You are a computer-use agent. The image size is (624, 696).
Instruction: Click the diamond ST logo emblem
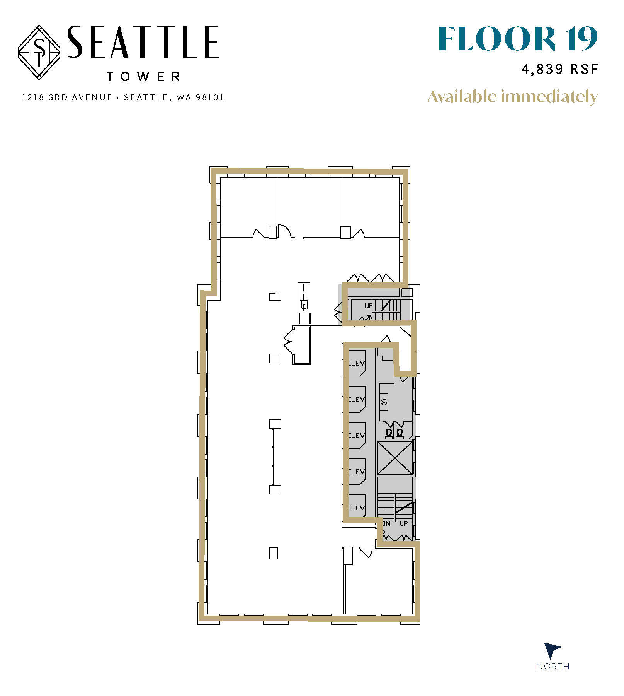(x=39, y=52)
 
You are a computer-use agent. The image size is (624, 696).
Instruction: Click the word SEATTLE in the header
(x=143, y=43)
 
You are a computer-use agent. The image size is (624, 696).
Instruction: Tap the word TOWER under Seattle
(x=143, y=76)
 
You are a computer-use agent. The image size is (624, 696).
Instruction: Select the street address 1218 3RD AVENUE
(x=67, y=97)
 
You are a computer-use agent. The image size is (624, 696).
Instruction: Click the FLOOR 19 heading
(x=518, y=39)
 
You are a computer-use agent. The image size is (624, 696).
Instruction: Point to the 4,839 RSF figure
(x=559, y=69)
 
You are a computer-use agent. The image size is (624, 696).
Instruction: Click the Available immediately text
(x=512, y=96)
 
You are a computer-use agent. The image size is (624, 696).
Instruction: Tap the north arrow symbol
(x=552, y=650)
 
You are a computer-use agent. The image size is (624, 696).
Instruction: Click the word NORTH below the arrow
(x=553, y=667)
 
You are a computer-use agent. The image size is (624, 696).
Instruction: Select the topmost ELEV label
(x=357, y=363)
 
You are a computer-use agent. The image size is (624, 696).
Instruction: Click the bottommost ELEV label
(x=357, y=508)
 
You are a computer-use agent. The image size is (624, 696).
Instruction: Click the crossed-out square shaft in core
(x=394, y=458)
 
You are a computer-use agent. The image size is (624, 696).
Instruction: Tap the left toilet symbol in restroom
(x=389, y=433)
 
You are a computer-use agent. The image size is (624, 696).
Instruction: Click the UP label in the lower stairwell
(x=404, y=523)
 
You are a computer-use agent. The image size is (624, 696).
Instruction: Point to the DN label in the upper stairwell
(x=368, y=317)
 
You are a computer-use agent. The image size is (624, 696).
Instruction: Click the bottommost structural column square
(x=273, y=553)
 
